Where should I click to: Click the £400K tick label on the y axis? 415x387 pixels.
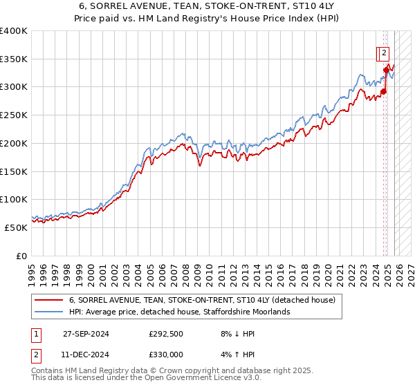(x=14, y=31)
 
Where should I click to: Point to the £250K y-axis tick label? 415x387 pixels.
(x=14, y=115)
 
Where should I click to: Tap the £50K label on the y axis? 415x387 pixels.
(x=17, y=227)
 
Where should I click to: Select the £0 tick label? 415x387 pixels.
(x=21, y=256)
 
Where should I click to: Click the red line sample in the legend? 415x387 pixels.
(x=48, y=300)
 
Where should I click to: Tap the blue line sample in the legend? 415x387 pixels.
(x=48, y=312)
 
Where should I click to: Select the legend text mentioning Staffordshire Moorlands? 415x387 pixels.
(x=180, y=312)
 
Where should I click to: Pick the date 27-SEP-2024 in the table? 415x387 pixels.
(x=86, y=334)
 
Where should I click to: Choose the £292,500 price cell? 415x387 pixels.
(x=165, y=334)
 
